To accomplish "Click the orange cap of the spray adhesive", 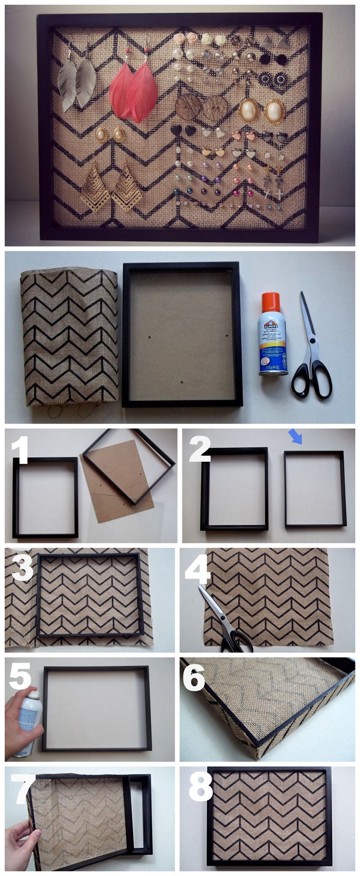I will click(x=270, y=302).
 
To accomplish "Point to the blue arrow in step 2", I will click(x=295, y=436).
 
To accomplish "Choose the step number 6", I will click(x=194, y=677).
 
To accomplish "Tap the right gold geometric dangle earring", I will click(x=126, y=188).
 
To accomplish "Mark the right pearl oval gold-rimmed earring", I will click(x=275, y=111).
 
